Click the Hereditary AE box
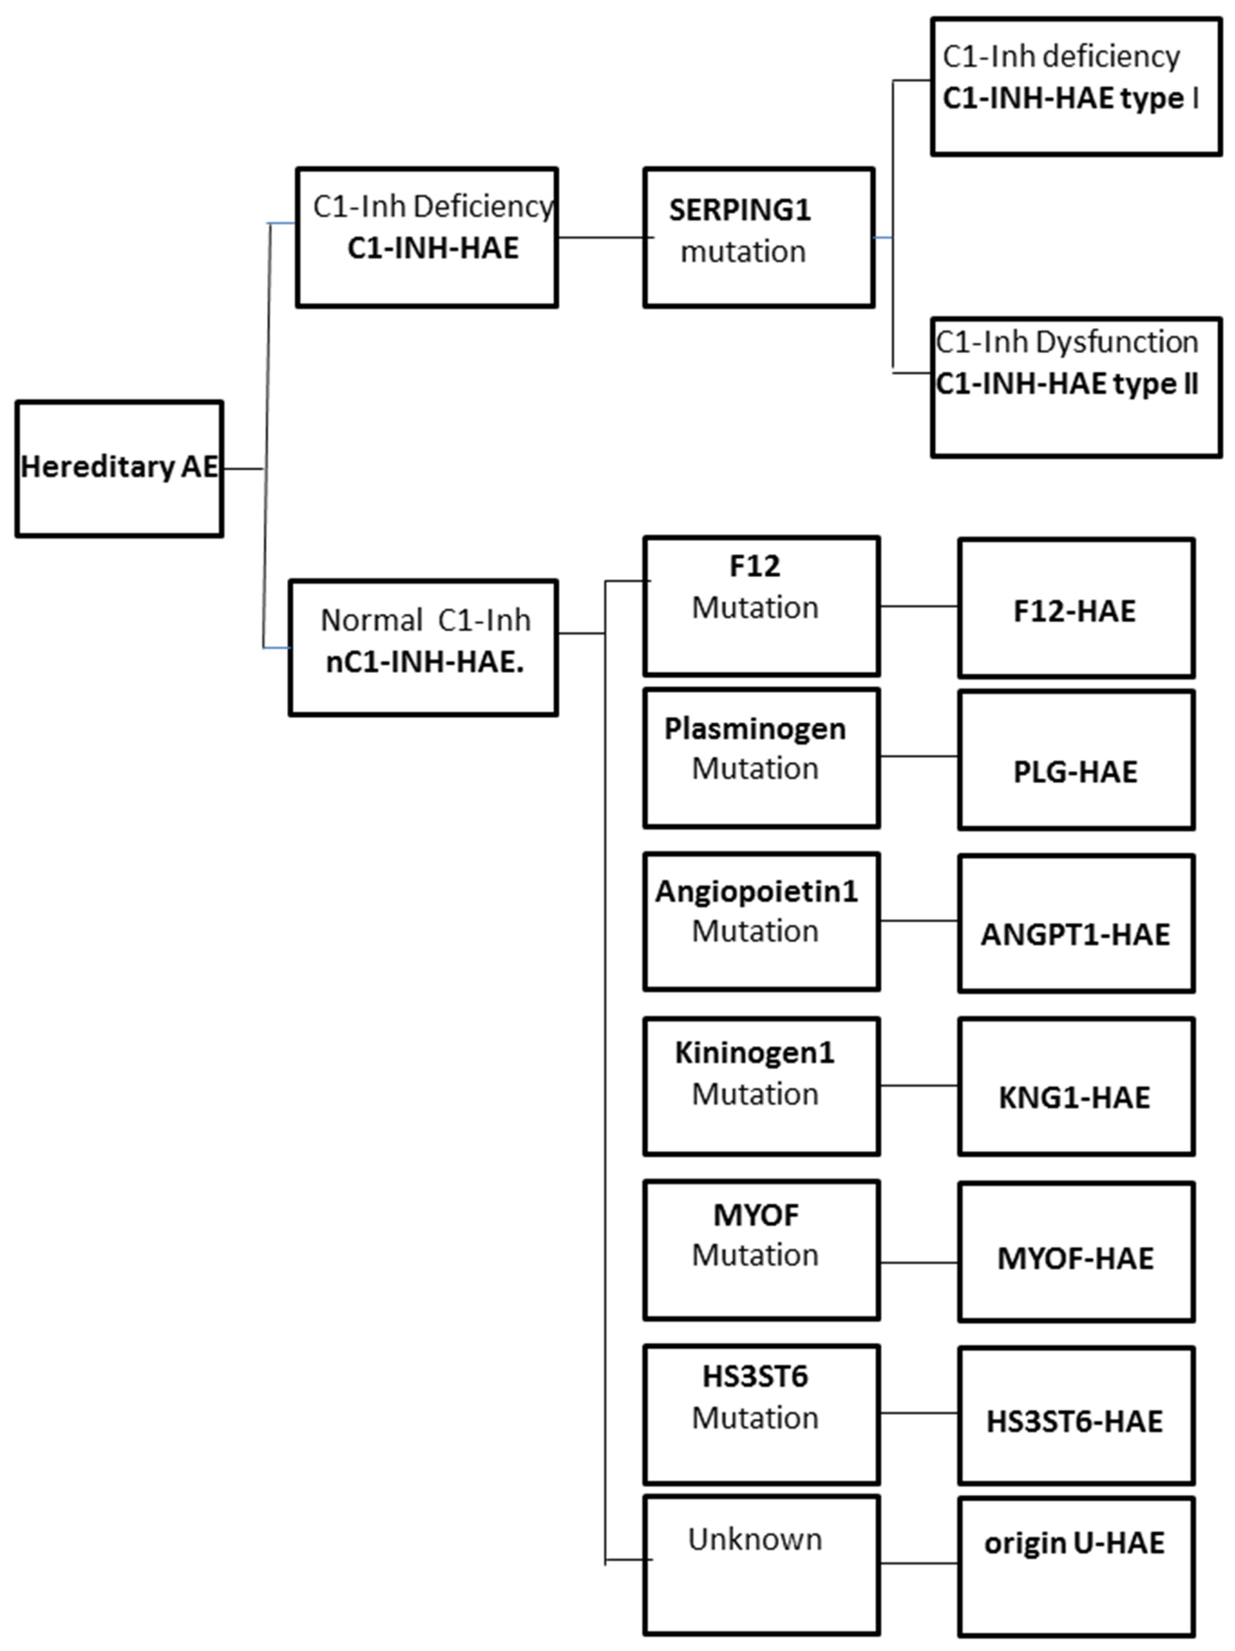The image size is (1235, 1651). point(119,468)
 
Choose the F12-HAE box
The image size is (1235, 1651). point(1075,609)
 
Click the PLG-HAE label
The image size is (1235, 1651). point(1074,772)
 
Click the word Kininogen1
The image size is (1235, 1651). point(754,1052)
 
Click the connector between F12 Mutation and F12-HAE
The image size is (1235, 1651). point(919,606)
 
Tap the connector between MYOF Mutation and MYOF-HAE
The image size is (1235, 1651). point(919,1263)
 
